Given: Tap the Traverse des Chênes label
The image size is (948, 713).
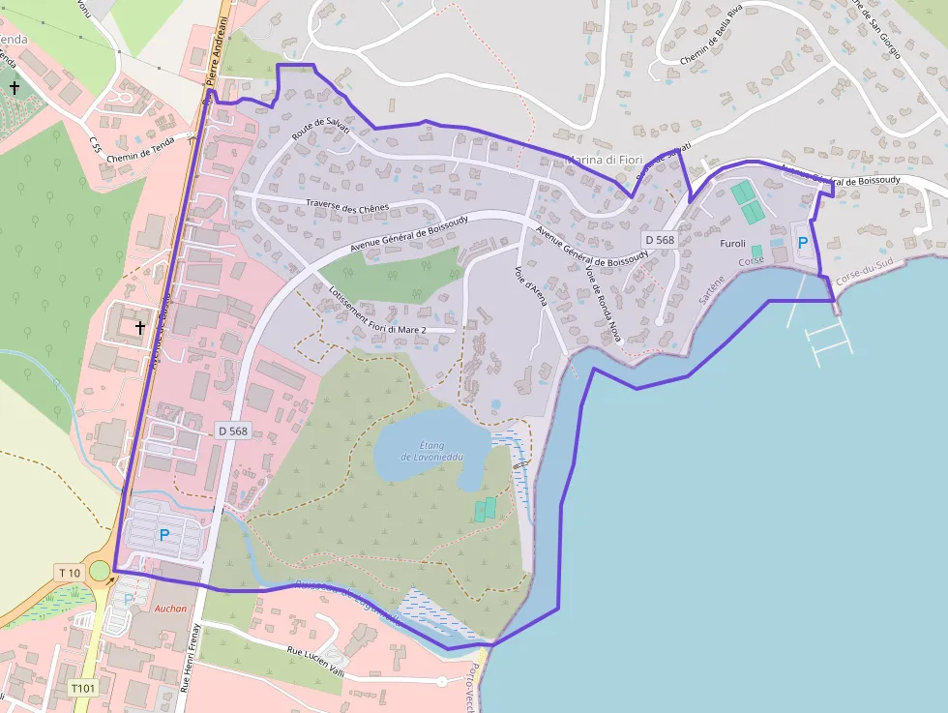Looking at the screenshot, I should (347, 206).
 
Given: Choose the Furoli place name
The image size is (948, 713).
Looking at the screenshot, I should (733, 244).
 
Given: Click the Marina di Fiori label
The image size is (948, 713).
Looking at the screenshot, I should (598, 160).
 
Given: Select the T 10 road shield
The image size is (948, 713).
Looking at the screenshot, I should (70, 573).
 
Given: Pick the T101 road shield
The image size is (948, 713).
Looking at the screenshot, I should (83, 688).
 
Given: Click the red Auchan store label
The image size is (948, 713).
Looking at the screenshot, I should (170, 609).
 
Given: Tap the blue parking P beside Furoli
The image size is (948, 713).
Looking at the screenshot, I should (802, 244).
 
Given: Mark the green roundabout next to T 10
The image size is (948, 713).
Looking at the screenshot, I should (100, 571).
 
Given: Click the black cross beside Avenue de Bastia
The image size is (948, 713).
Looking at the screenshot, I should (140, 328).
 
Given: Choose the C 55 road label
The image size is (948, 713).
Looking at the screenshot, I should (94, 145).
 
